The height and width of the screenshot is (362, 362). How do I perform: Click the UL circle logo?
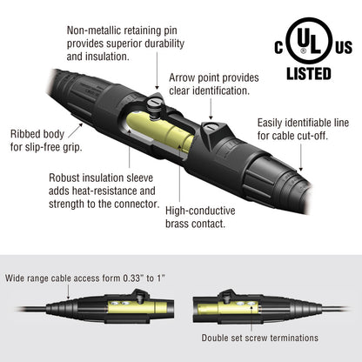(x=309, y=40)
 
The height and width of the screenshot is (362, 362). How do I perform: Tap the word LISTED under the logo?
(x=309, y=74)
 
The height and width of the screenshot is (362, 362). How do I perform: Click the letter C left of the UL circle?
(x=278, y=47)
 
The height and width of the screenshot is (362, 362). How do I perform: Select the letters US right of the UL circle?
(x=344, y=47)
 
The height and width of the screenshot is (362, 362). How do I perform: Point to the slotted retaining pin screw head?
(x=155, y=103)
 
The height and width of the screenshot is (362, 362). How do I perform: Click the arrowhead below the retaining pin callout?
(x=157, y=87)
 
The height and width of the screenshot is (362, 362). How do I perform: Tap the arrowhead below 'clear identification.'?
(x=211, y=117)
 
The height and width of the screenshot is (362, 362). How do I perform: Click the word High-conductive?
(x=200, y=211)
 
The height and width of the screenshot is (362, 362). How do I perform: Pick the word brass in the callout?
(x=178, y=224)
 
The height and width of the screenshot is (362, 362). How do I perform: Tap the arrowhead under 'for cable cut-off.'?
(x=301, y=169)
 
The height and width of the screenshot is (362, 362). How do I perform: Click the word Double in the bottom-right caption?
(x=214, y=338)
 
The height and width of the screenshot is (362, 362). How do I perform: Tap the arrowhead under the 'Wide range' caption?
(x=69, y=297)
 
